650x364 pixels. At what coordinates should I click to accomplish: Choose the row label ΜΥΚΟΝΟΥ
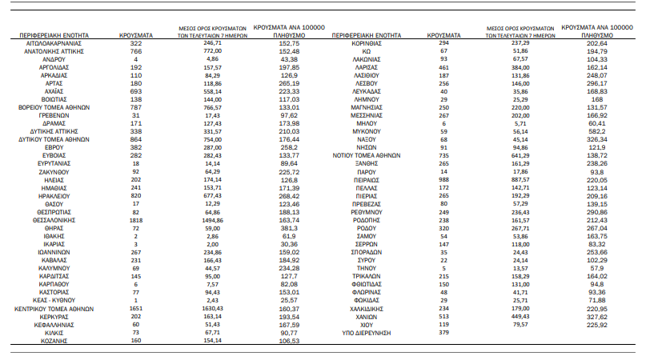tap(367, 130)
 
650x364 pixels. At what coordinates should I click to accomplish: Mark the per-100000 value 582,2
tap(598, 130)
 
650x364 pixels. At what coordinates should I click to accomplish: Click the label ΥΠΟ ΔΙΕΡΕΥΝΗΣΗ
tap(367, 333)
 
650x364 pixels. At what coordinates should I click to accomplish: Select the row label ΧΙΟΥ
tap(367, 324)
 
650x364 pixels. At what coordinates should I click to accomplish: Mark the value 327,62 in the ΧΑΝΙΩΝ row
tap(598, 315)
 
